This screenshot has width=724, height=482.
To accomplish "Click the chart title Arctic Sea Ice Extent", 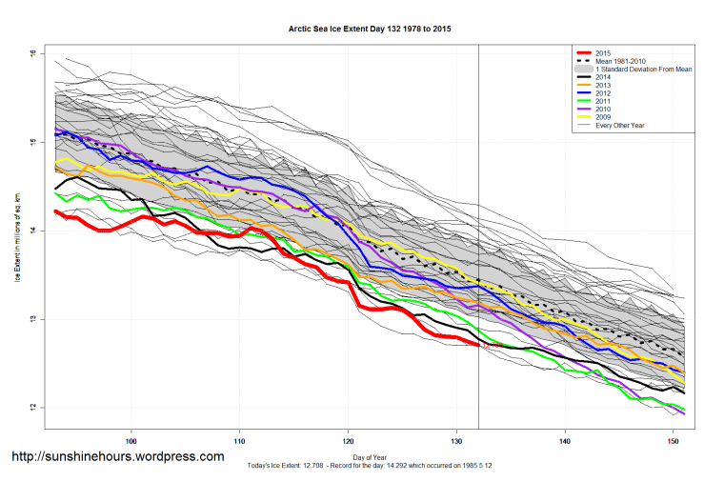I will [x=370, y=30].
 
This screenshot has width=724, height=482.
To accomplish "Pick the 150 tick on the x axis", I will [x=674, y=440].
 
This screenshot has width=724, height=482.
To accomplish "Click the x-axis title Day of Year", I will [x=370, y=456].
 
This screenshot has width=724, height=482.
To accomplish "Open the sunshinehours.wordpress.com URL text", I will [x=117, y=457].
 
